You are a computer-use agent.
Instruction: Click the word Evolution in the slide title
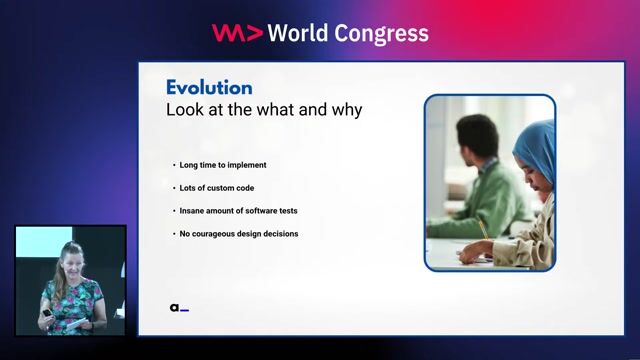click(209, 87)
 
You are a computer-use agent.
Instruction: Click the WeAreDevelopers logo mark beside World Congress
click(237, 33)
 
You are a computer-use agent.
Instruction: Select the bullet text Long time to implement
click(223, 164)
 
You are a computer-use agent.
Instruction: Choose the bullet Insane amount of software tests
click(237, 211)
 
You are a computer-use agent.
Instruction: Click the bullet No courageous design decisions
click(238, 234)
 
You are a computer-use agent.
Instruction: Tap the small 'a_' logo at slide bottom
click(179, 308)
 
